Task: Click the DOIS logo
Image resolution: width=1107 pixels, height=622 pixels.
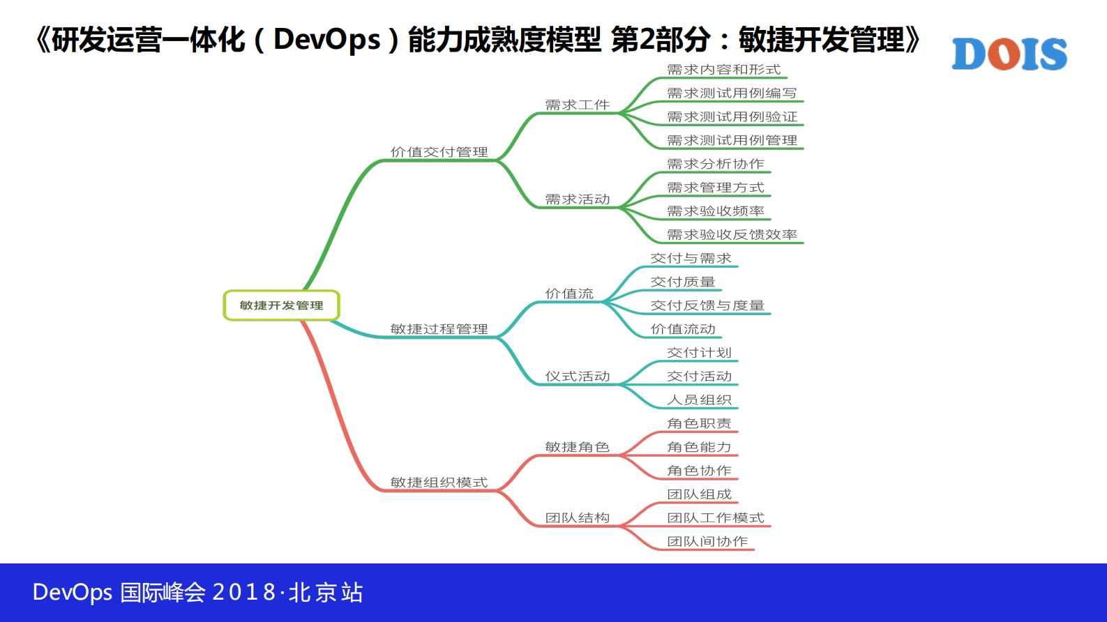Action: click(x=1009, y=54)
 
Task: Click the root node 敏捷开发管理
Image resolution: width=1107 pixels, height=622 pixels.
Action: click(x=281, y=305)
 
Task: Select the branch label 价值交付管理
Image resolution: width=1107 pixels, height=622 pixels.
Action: click(x=439, y=152)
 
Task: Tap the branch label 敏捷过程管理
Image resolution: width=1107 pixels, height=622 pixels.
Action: click(x=439, y=329)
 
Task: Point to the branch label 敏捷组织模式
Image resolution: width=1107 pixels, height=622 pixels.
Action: click(x=439, y=483)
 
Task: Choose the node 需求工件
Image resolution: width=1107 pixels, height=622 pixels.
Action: click(x=577, y=105)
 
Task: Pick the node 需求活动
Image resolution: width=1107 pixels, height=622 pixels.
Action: click(x=577, y=199)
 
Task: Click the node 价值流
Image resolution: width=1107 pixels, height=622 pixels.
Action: click(x=569, y=294)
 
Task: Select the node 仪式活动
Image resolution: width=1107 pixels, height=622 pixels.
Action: click(x=577, y=377)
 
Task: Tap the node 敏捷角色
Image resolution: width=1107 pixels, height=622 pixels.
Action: click(x=577, y=447)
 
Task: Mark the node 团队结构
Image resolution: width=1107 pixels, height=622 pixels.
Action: click(x=577, y=518)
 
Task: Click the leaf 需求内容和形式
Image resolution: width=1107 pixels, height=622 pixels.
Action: click(x=723, y=70)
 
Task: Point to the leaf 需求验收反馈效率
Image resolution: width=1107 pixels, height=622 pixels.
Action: click(x=732, y=235)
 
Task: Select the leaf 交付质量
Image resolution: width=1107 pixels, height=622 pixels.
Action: click(x=682, y=282)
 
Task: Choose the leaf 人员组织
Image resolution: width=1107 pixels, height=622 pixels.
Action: click(x=699, y=400)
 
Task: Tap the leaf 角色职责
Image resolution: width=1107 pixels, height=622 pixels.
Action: click(x=699, y=423)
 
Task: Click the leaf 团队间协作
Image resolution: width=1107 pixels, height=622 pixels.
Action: click(x=707, y=542)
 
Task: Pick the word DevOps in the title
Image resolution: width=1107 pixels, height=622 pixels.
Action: click(x=326, y=40)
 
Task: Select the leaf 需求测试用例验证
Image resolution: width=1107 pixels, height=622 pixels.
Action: click(x=732, y=117)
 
